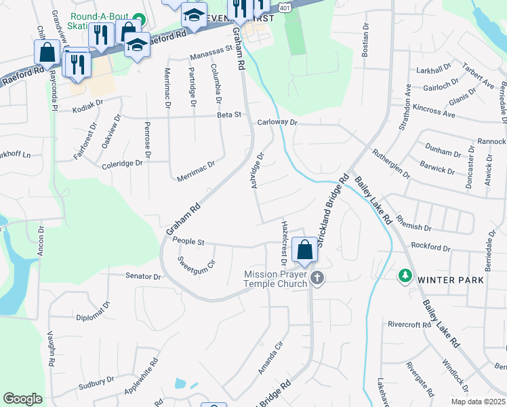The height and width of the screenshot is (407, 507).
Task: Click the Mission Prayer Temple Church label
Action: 277,279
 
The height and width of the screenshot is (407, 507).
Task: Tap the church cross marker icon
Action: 317,278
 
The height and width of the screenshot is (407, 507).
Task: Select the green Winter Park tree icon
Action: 405,275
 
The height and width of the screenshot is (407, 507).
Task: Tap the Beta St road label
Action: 229,115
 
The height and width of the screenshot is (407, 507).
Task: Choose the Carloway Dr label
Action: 278,123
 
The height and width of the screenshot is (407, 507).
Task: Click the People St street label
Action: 188,241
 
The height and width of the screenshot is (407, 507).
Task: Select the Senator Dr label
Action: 143,277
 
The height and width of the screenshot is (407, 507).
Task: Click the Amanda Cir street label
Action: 269,357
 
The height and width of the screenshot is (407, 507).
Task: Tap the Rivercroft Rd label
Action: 409,324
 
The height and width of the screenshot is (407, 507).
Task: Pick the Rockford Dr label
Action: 430,246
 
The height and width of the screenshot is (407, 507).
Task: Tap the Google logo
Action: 22,399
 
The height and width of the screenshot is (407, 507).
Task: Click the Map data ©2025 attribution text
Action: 477,402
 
